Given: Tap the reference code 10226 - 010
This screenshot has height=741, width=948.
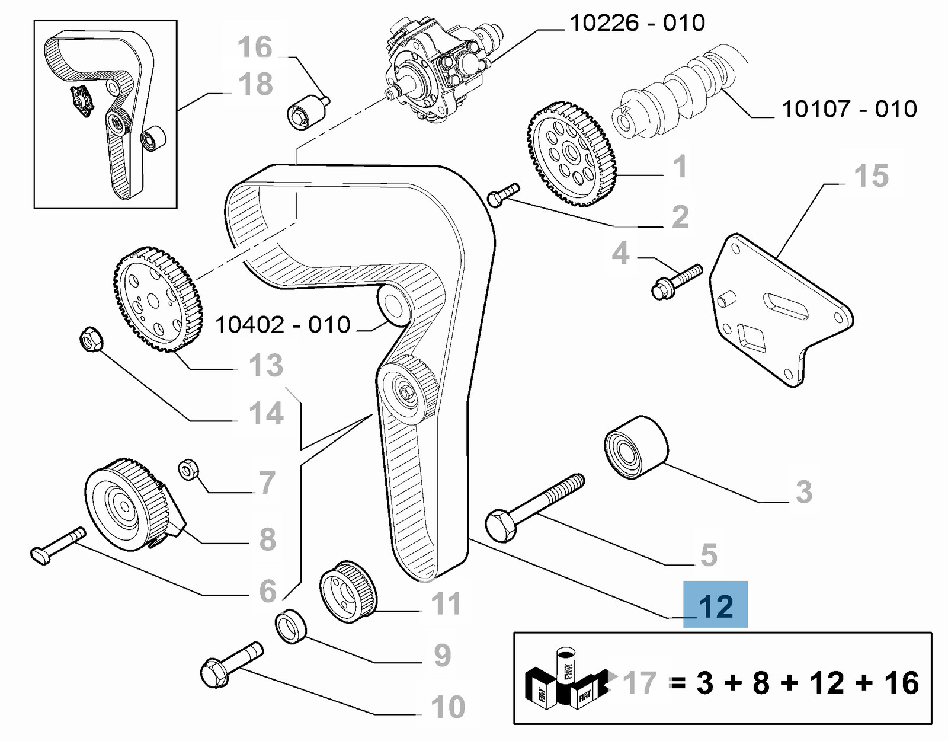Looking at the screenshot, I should pos(637,23).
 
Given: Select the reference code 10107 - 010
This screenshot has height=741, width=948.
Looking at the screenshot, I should pos(849,109).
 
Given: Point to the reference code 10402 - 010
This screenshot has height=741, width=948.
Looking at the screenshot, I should pos(283,325).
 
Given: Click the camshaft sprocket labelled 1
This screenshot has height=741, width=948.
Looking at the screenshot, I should pos(571,154).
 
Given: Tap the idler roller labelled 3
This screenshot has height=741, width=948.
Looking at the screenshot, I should pos(636,446).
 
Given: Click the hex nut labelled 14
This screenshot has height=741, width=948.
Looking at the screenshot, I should pos(91,339).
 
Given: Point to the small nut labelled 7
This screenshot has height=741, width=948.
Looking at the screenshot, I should pos(188,470).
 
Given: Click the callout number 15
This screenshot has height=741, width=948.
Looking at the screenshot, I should pos(871,176).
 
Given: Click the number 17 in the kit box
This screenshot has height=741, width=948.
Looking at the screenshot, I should pos(640,683).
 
